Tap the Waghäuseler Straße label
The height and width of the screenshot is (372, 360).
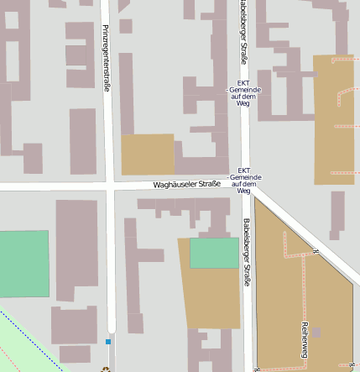(186, 184)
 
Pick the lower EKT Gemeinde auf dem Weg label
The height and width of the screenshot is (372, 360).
(244, 180)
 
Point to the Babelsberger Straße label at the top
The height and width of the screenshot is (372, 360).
(242, 31)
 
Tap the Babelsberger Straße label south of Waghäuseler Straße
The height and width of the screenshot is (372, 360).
(247, 252)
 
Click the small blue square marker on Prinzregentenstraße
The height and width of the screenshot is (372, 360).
(108, 342)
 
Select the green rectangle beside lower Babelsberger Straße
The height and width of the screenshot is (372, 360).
(214, 253)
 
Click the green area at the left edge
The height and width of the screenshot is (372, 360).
(23, 264)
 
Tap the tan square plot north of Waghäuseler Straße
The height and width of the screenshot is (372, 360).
(147, 155)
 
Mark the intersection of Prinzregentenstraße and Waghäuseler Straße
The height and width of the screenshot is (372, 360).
(110, 186)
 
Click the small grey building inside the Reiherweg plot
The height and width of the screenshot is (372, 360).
(316, 333)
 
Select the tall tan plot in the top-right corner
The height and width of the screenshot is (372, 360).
(333, 118)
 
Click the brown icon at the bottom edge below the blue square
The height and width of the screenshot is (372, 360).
(106, 369)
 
